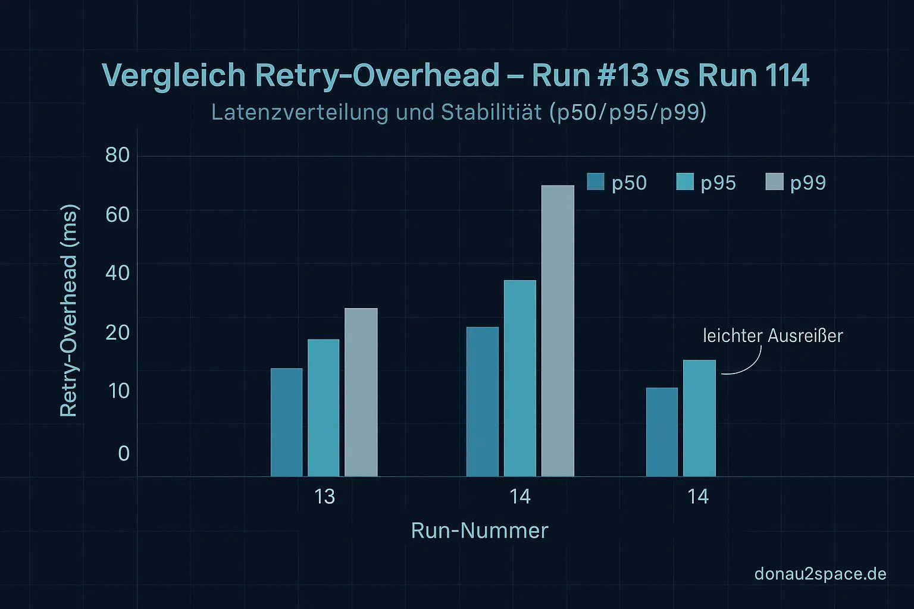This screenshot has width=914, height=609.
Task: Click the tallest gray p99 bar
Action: pyautogui.click(x=558, y=331)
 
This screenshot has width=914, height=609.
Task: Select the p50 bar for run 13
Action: pyautogui.click(x=286, y=422)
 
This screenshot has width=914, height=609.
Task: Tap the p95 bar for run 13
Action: pyautogui.click(x=323, y=408)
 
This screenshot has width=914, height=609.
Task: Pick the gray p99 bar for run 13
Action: pyautogui.click(x=361, y=393)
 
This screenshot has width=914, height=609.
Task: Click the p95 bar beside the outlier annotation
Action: pyautogui.click(x=699, y=418)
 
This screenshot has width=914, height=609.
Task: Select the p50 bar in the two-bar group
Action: pyautogui.click(x=662, y=432)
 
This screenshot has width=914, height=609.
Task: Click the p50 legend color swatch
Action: pyautogui.click(x=595, y=181)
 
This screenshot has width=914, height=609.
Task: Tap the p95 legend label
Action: pyautogui.click(x=718, y=183)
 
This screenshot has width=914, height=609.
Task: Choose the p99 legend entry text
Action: pyautogui.click(x=807, y=183)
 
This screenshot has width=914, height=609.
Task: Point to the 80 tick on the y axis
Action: pyautogui.click(x=117, y=155)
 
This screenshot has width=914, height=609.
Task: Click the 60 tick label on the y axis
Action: pyautogui.click(x=117, y=214)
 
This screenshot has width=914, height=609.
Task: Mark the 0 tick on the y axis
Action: pyautogui.click(x=124, y=453)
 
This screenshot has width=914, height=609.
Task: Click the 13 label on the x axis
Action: pyautogui.click(x=324, y=496)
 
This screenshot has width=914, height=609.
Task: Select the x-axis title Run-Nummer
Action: pyautogui.click(x=479, y=530)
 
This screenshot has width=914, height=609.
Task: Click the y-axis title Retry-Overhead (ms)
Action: pyautogui.click(x=69, y=311)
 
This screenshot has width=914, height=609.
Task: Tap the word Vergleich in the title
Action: pyautogui.click(x=174, y=76)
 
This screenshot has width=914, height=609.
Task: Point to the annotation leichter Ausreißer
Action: pyautogui.click(x=772, y=336)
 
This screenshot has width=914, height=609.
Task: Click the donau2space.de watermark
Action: pyautogui.click(x=820, y=574)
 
